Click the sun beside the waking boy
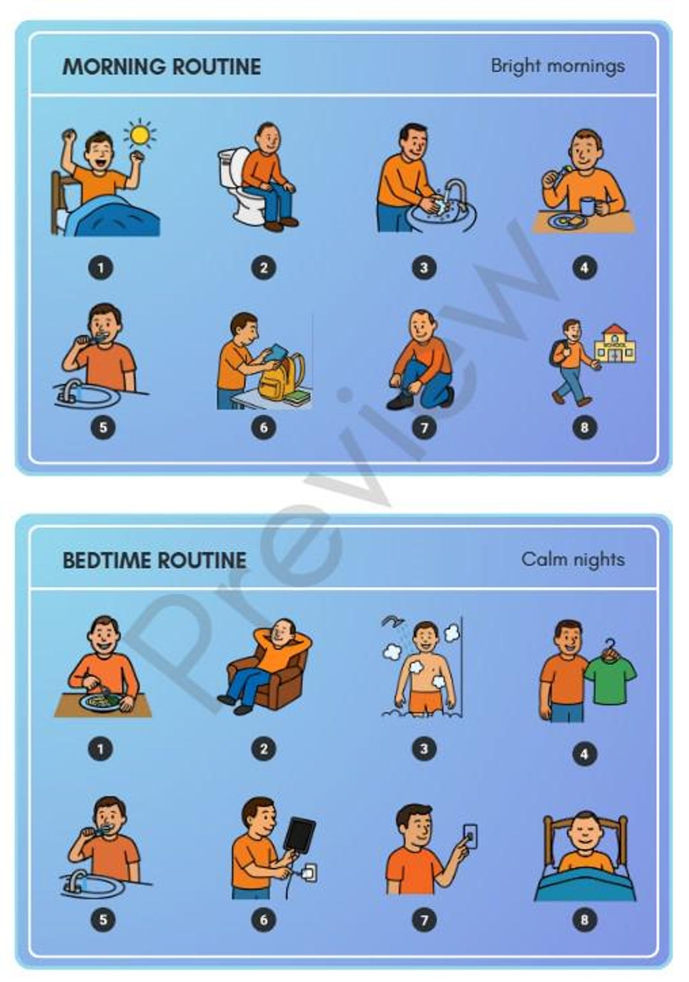click(140, 135)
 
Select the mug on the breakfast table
click(587, 206)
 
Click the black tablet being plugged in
click(300, 833)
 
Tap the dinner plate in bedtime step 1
click(101, 703)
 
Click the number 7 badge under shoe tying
click(424, 427)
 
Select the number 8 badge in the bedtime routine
click(584, 919)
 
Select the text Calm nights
click(572, 560)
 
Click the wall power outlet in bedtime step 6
click(309, 872)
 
